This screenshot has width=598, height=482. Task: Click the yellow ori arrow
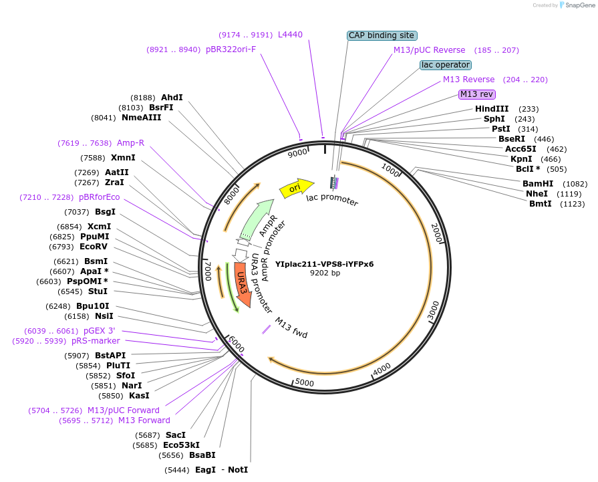(295, 189)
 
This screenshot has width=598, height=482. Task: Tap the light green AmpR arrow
(255, 218)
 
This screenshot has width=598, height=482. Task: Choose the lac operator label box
(446, 65)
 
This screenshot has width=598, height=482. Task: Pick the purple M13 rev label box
(476, 94)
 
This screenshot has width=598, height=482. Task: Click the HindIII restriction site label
(492, 109)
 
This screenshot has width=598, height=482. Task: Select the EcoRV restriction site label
(94, 247)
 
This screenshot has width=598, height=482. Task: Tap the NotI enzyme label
(238, 470)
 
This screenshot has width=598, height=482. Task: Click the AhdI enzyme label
(172, 98)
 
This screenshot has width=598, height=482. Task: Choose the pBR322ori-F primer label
(231, 49)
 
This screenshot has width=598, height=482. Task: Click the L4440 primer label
(290, 34)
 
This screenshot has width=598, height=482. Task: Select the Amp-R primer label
(130, 143)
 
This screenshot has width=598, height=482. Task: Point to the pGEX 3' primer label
(100, 331)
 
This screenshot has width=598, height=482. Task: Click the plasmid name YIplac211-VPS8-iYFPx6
(325, 263)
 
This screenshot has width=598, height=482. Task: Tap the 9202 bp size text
(325, 273)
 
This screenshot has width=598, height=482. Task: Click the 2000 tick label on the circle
(436, 234)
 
